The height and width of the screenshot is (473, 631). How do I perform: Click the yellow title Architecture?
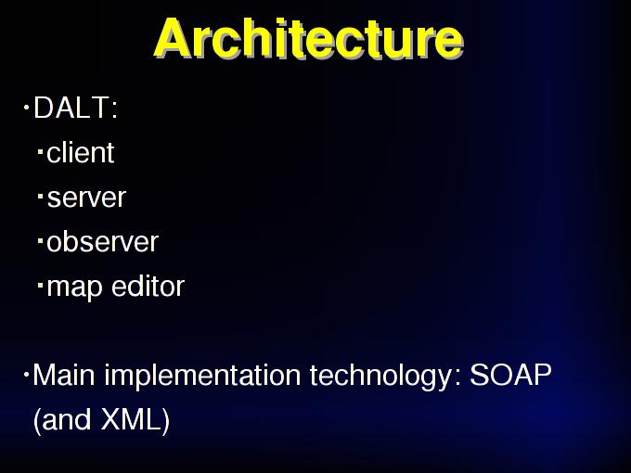pos(309,38)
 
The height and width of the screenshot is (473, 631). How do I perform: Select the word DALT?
pos(70,108)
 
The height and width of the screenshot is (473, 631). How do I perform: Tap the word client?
pos(81,152)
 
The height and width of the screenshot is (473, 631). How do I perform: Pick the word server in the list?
pos(86,198)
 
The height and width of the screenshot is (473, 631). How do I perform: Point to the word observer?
pos(103,242)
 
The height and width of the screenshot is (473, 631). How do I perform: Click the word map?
pos(74,288)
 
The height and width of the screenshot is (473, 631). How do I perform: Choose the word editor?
pos(148,286)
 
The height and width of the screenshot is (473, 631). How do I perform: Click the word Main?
pos(64,375)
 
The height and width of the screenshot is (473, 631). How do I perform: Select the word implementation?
pos(202,377)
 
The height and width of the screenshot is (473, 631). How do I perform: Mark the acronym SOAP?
pos(510,375)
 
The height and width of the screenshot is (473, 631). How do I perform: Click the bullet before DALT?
pos(27,108)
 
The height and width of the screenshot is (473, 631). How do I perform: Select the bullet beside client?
pos(40,151)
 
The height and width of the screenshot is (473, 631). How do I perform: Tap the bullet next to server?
pos(40,197)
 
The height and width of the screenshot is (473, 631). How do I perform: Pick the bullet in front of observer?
pos(40,241)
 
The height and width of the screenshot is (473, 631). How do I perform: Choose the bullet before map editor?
pos(40,286)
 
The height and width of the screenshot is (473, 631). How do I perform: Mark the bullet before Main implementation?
pos(27,375)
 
